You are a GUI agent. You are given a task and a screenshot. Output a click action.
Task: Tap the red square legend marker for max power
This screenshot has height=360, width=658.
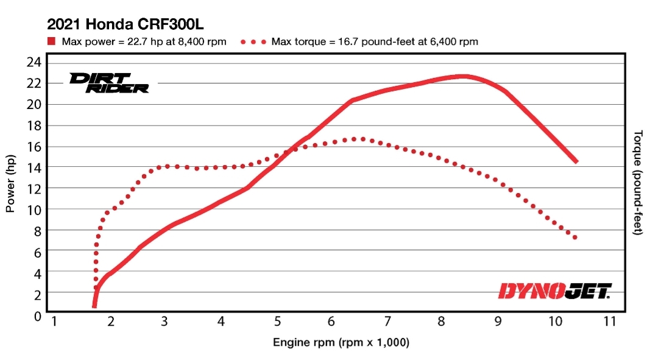click(52, 41)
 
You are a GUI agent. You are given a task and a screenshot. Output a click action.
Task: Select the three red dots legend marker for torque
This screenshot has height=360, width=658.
click(254, 42)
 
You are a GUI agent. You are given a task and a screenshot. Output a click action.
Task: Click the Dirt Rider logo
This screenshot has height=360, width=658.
click(109, 82)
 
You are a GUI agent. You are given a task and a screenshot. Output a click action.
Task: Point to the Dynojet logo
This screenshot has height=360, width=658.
click(554, 291)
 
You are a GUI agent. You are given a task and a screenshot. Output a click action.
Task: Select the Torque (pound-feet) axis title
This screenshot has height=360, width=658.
click(638, 183)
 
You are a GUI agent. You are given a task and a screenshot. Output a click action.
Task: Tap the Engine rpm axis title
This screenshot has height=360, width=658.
click(341, 343)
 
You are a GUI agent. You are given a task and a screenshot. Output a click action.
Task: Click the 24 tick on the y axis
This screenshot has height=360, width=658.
click(35, 62)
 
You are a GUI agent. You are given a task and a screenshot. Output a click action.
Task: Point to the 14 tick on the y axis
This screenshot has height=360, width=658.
click(35, 167)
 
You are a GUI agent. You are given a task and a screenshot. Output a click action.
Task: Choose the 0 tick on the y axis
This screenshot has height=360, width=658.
click(38, 316)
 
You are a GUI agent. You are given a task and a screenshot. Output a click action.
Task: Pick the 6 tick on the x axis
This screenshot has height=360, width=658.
click(332, 322)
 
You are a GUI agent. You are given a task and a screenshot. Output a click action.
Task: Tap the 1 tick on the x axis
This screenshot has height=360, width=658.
click(54, 322)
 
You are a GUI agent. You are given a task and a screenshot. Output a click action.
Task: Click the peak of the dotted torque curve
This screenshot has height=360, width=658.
click(363, 139)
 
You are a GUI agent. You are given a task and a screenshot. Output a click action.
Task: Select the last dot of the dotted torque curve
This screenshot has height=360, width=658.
click(575, 237)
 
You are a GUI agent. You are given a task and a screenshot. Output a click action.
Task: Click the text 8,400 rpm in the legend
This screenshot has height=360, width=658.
click(203, 42)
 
